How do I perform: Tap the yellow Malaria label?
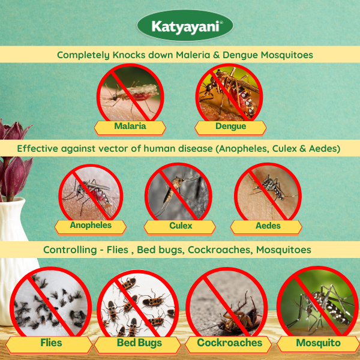130,127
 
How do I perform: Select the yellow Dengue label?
230,127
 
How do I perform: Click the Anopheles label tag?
91,226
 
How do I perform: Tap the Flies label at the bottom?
51,344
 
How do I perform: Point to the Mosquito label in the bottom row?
318,344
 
